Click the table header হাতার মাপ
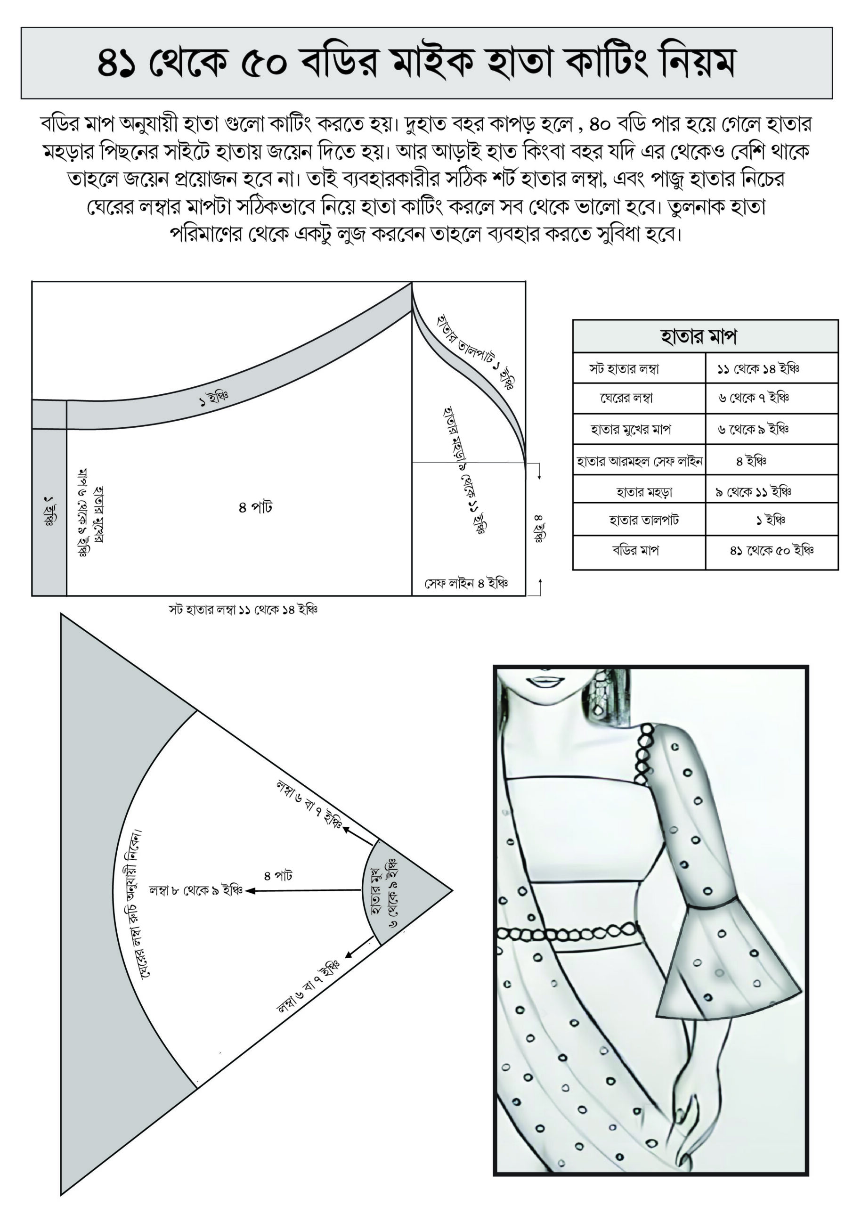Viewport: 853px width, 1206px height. point(698,336)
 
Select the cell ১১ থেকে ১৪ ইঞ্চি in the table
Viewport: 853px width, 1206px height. point(758,369)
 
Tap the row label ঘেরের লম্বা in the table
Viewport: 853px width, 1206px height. point(626,398)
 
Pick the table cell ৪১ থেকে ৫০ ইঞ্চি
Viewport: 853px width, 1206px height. point(771,551)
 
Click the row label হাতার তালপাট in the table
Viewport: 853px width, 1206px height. point(643,520)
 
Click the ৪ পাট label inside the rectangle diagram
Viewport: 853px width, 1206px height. point(255,507)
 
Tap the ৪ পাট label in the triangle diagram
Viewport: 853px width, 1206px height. point(278,876)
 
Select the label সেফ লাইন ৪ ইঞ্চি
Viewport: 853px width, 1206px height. point(466,584)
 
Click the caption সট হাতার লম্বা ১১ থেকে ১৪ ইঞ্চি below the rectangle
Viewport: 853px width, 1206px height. point(243,610)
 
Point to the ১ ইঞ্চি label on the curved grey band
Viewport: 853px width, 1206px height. point(214,399)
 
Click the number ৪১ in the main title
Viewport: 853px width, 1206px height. point(117,64)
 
